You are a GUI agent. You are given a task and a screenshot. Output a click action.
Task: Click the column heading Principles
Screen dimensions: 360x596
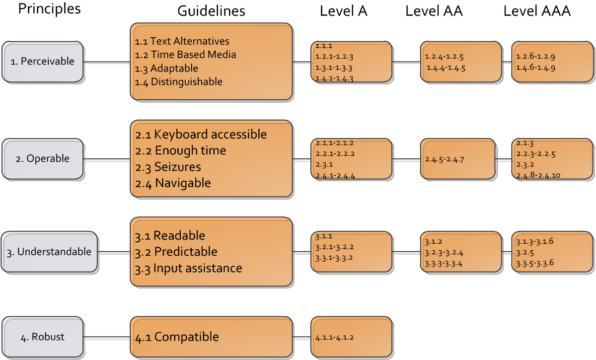(x=49, y=9)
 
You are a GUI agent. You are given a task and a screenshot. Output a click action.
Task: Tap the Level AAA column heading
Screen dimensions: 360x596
(x=537, y=11)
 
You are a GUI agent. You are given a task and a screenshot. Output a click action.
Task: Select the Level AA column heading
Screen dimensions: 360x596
(x=434, y=11)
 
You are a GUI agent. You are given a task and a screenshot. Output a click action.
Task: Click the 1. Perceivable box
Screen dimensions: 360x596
(x=43, y=62)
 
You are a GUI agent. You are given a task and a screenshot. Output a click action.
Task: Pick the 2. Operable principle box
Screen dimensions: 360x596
(x=43, y=159)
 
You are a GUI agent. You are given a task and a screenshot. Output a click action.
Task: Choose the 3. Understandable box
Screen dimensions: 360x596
(x=49, y=252)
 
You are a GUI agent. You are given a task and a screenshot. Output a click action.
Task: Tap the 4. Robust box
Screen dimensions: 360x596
(x=43, y=337)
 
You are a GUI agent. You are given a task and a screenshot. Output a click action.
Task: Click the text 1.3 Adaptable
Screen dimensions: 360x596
(x=166, y=68)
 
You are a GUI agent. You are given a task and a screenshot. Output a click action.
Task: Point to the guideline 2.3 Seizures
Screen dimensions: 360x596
(x=168, y=166)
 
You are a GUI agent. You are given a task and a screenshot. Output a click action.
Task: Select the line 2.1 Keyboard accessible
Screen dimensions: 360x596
(x=201, y=134)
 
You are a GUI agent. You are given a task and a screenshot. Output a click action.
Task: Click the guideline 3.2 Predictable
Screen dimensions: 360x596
(x=176, y=251)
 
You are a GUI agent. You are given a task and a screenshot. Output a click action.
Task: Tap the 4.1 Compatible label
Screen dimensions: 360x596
(x=177, y=337)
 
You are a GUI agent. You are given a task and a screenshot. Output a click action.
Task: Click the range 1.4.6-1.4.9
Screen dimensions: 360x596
(x=535, y=67)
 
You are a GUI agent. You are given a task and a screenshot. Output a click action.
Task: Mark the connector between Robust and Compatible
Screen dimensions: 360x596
(x=107, y=337)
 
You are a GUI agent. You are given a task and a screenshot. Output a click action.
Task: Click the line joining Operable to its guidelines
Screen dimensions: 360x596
(x=107, y=159)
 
